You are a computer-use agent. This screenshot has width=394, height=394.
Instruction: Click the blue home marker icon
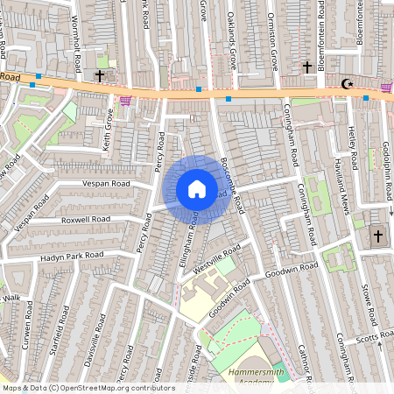pos(197,189)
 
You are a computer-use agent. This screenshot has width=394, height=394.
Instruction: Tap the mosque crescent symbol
pos(347,84)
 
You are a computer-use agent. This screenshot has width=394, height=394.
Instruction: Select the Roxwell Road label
pos(85,219)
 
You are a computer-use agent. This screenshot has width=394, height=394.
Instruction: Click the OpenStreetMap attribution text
pos(88,388)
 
